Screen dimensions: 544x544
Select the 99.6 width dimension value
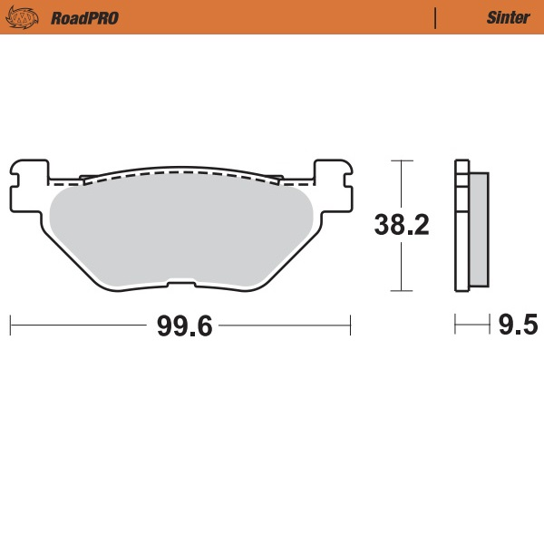coord(184,325)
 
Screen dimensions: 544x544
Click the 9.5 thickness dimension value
coord(518,325)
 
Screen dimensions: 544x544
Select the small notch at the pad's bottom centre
coord(181,287)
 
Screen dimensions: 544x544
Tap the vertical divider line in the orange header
coord(436,17)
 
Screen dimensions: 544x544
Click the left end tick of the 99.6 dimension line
coord(10,324)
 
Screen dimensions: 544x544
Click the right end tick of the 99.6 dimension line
coord(350,324)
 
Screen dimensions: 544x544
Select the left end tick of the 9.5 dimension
coord(455,324)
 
